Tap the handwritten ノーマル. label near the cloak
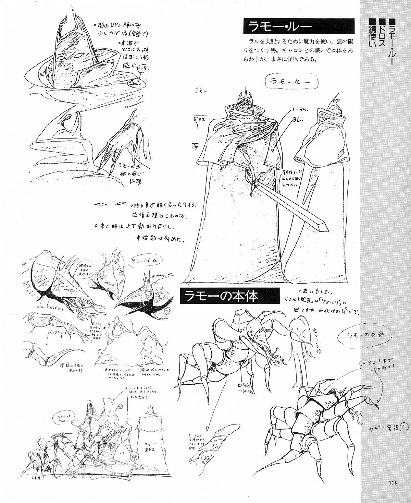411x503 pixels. coord(300,110)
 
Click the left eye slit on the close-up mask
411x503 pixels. coord(62,58)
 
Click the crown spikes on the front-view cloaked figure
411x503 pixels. coord(246,94)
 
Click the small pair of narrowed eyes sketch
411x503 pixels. coord(110,205)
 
